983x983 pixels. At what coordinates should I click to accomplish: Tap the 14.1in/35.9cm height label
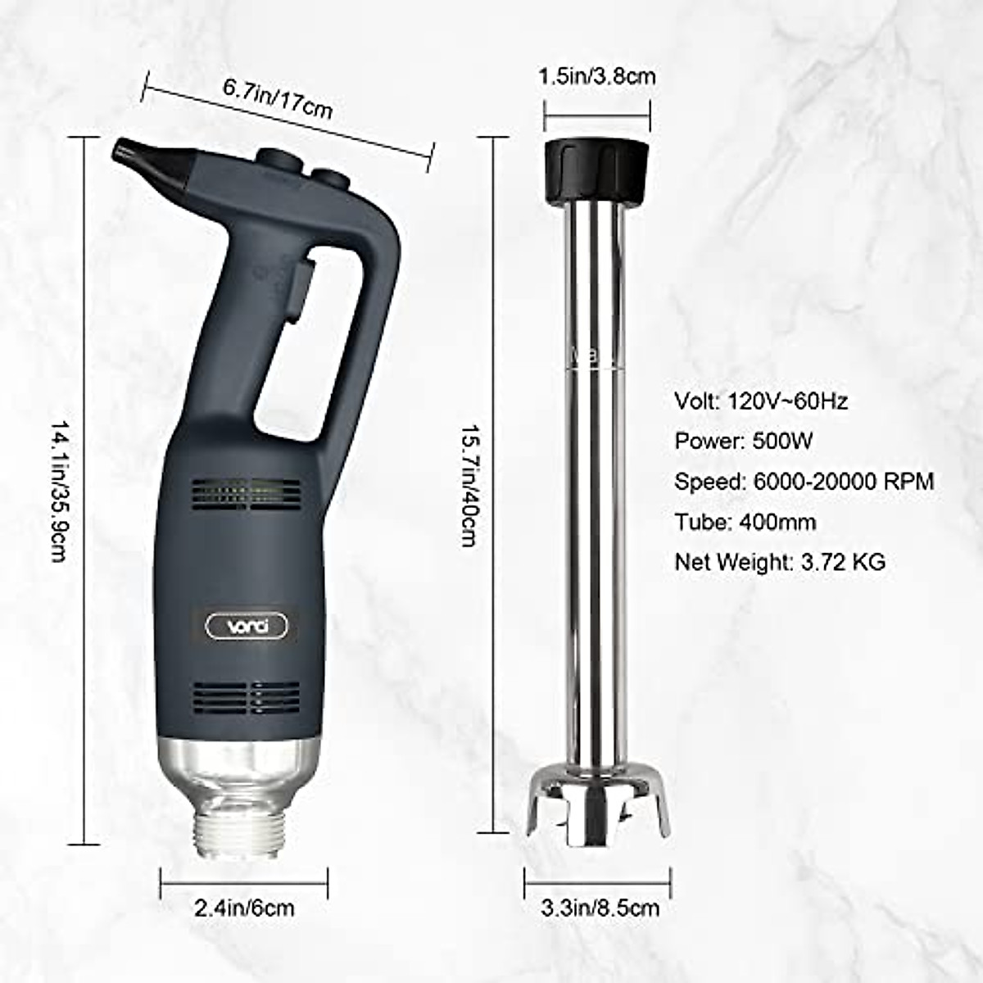click(59, 491)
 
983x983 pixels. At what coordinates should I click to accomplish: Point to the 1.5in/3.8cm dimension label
click(596, 77)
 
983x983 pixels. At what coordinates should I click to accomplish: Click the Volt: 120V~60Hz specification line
click(761, 401)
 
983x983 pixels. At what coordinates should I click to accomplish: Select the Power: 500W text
click(743, 442)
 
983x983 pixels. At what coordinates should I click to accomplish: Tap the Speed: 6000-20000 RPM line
click(804, 482)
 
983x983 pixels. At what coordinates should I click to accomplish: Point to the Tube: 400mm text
click(745, 522)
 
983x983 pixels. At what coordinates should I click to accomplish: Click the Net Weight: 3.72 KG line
click(780, 562)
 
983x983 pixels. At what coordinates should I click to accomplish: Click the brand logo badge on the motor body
click(247, 627)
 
